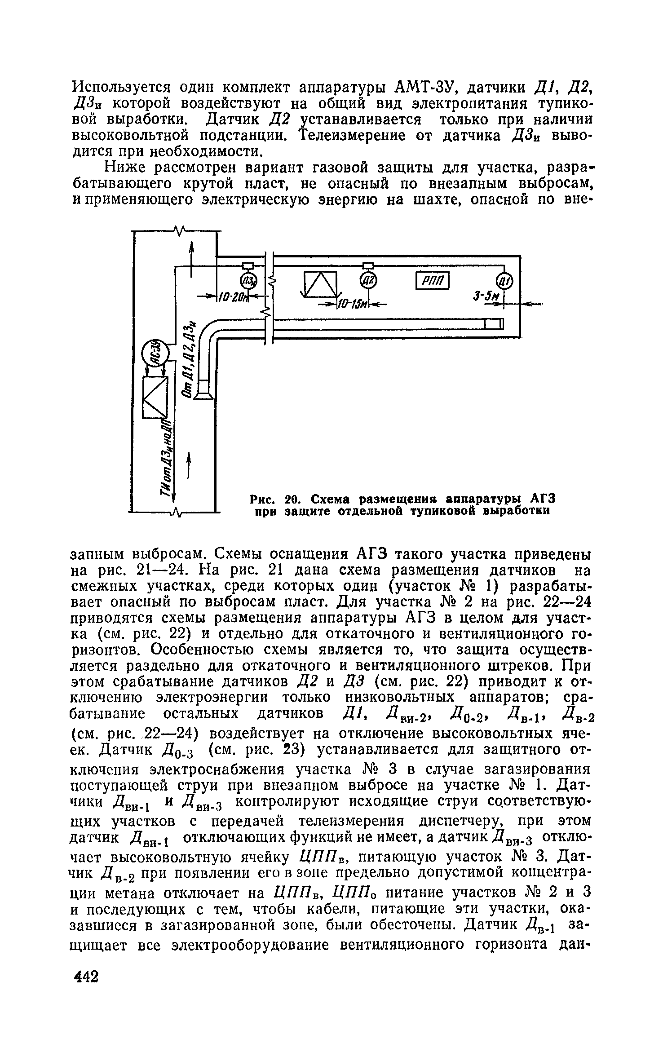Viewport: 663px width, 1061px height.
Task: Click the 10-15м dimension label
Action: tap(352, 305)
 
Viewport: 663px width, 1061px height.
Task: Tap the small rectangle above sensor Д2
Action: tap(369, 265)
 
